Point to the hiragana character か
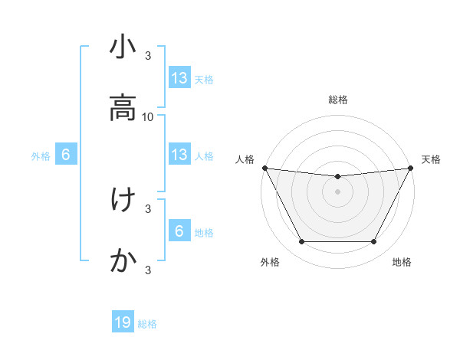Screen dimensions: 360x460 pyautogui.click(x=123, y=260)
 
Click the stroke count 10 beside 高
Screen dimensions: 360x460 pyautogui.click(x=148, y=117)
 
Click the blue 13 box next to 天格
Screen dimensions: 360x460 pyautogui.click(x=179, y=78)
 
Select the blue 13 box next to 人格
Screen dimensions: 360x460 pyautogui.click(x=179, y=155)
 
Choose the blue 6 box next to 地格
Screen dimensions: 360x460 pyautogui.click(x=179, y=231)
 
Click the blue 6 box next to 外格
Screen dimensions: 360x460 pyautogui.click(x=66, y=155)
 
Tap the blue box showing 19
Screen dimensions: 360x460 pyautogui.click(x=123, y=322)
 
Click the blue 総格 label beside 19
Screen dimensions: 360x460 pyautogui.click(x=147, y=324)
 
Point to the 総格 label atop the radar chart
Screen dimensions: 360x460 pyautogui.click(x=338, y=100)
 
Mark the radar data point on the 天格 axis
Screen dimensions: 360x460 pyautogui.click(x=412, y=168)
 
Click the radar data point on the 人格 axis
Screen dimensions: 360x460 pyautogui.click(x=264, y=168)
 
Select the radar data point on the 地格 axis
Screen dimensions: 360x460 pyautogui.click(x=374, y=242)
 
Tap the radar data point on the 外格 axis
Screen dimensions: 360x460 pyautogui.click(x=301, y=242)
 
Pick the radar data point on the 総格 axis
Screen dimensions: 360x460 pyautogui.click(x=338, y=177)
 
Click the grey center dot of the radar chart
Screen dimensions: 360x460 pyautogui.click(x=338, y=191)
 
